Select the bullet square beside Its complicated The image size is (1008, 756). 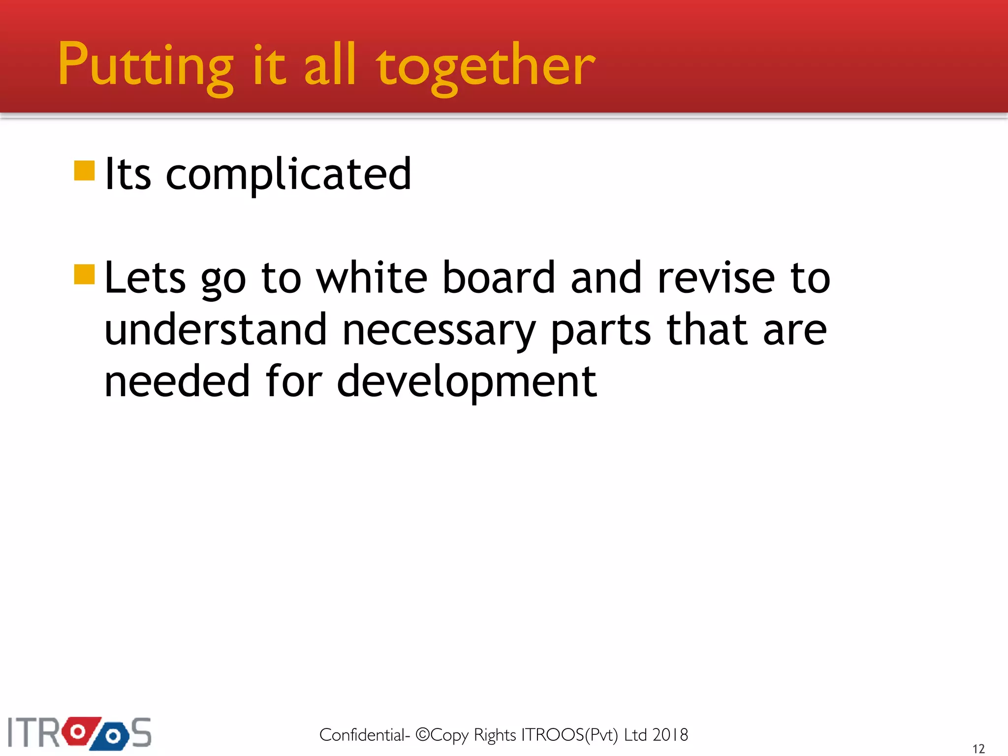[x=84, y=171]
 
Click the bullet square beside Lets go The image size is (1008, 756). [x=84, y=275]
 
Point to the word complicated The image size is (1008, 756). [x=288, y=175]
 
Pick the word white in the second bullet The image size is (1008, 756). [x=372, y=278]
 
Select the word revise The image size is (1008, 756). [x=717, y=278]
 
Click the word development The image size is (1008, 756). [x=467, y=382]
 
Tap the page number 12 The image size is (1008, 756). [x=978, y=749]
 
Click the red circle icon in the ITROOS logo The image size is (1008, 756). [x=78, y=731]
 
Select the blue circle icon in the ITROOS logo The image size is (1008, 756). [x=113, y=736]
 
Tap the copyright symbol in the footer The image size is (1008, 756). [x=423, y=734]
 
